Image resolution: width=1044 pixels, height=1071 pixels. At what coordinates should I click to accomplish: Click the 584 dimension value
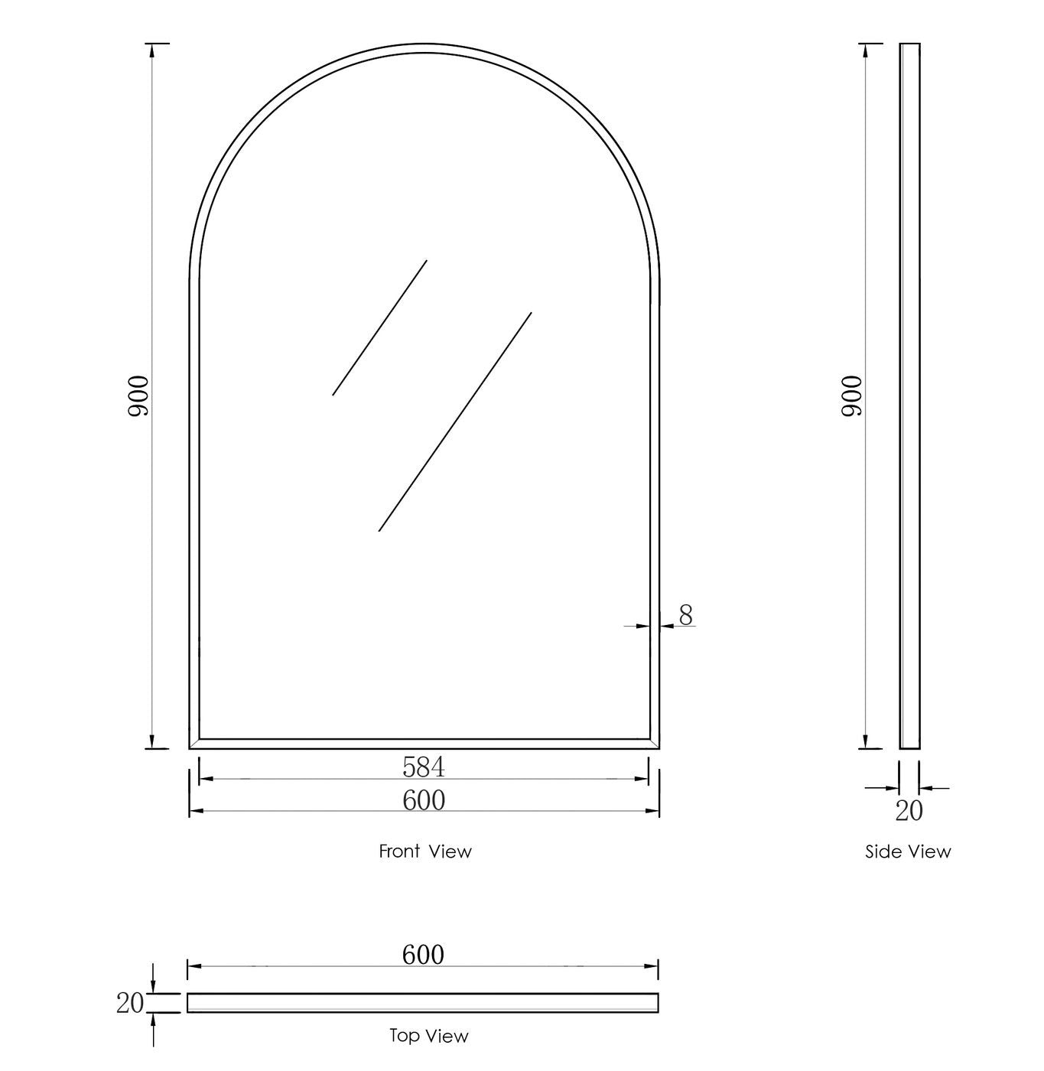[424, 766]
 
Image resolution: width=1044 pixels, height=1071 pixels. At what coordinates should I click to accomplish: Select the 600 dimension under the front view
[424, 799]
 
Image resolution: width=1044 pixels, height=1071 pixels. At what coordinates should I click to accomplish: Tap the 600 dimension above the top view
[423, 955]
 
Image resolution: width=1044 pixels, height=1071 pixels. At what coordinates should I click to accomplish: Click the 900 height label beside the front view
[138, 396]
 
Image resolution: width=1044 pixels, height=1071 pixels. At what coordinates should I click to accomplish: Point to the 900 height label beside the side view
[851, 396]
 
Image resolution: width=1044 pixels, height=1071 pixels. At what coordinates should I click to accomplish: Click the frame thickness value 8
[686, 614]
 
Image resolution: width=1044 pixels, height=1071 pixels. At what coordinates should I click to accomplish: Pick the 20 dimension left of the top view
[130, 1002]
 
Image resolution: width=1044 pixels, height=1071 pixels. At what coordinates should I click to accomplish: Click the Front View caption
[425, 851]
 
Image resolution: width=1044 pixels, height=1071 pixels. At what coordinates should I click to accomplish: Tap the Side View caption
[908, 851]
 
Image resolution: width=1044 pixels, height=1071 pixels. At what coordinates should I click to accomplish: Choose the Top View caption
[428, 1036]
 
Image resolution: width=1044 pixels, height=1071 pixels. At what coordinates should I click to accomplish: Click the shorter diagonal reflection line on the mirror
[379, 327]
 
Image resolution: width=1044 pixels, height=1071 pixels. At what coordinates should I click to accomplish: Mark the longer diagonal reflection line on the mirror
[455, 422]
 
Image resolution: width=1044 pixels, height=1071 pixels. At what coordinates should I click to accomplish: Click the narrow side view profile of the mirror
[909, 396]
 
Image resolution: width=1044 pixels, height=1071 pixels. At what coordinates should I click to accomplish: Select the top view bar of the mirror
[423, 1002]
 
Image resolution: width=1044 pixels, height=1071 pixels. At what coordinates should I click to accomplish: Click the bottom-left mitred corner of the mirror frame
[194, 744]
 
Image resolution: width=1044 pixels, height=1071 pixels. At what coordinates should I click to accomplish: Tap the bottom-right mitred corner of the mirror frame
[654, 744]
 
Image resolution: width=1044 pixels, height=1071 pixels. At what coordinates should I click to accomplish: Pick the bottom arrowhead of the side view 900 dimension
[867, 741]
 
